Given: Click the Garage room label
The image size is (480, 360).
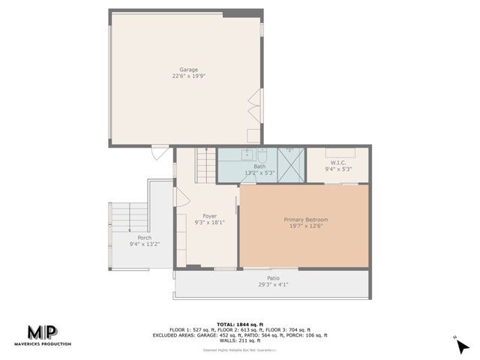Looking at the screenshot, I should [188, 70].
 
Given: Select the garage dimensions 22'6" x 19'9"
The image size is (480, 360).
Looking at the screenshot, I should [188, 76].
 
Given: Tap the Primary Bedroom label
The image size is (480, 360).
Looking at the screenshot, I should [305, 220].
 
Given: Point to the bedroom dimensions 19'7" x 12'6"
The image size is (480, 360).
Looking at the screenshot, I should [305, 226].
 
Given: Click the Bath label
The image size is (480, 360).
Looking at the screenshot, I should [259, 166].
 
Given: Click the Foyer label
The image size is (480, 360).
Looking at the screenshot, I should [209, 216].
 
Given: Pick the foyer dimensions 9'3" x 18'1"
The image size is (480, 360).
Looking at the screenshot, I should [209, 222].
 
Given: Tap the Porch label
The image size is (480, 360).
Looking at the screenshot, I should [144, 238].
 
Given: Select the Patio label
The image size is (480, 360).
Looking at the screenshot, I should [272, 278].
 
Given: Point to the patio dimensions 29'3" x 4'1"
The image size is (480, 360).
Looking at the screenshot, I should [272, 284].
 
